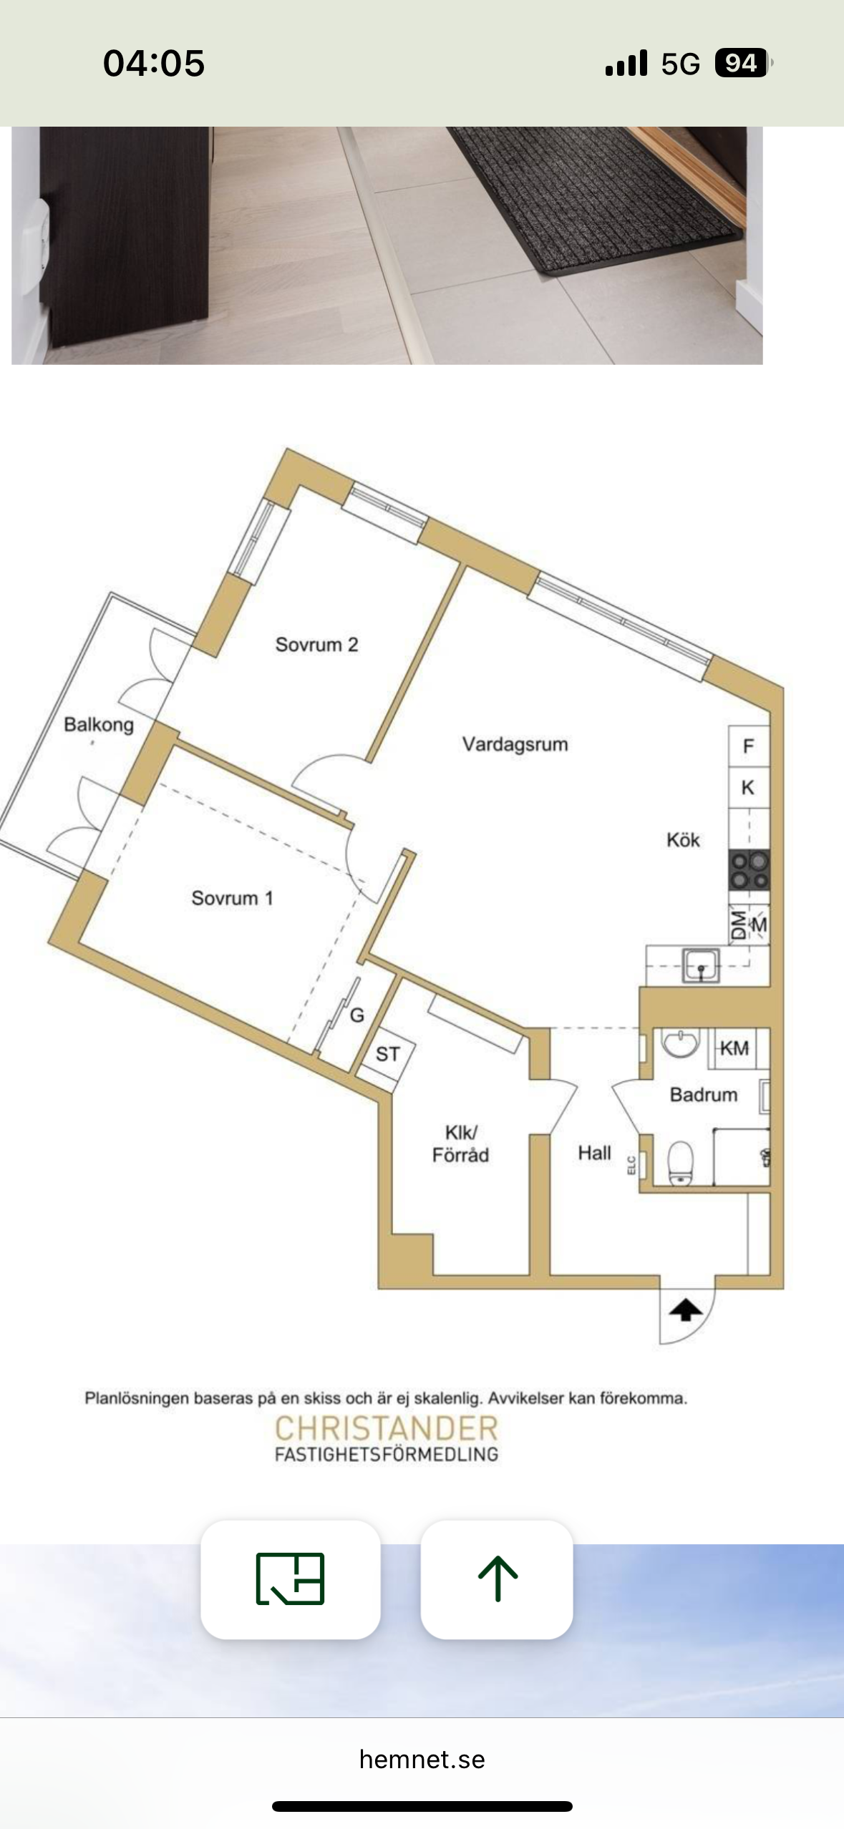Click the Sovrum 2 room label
[316, 645]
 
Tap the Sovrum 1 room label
[232, 898]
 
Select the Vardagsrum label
[515, 745]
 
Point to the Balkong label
[99, 725]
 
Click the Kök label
[683, 839]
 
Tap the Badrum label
[704, 1095]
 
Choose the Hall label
[594, 1153]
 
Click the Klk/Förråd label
[460, 1143]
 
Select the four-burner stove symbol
[749, 869]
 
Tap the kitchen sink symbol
[701, 965]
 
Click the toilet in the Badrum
[680, 1163]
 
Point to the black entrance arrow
[686, 1310]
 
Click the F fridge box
[749, 746]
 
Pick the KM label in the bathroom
[734, 1048]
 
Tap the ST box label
[387, 1054]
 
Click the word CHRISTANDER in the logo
[387, 1428]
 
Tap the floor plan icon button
[290, 1579]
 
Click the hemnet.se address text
[422, 1760]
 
